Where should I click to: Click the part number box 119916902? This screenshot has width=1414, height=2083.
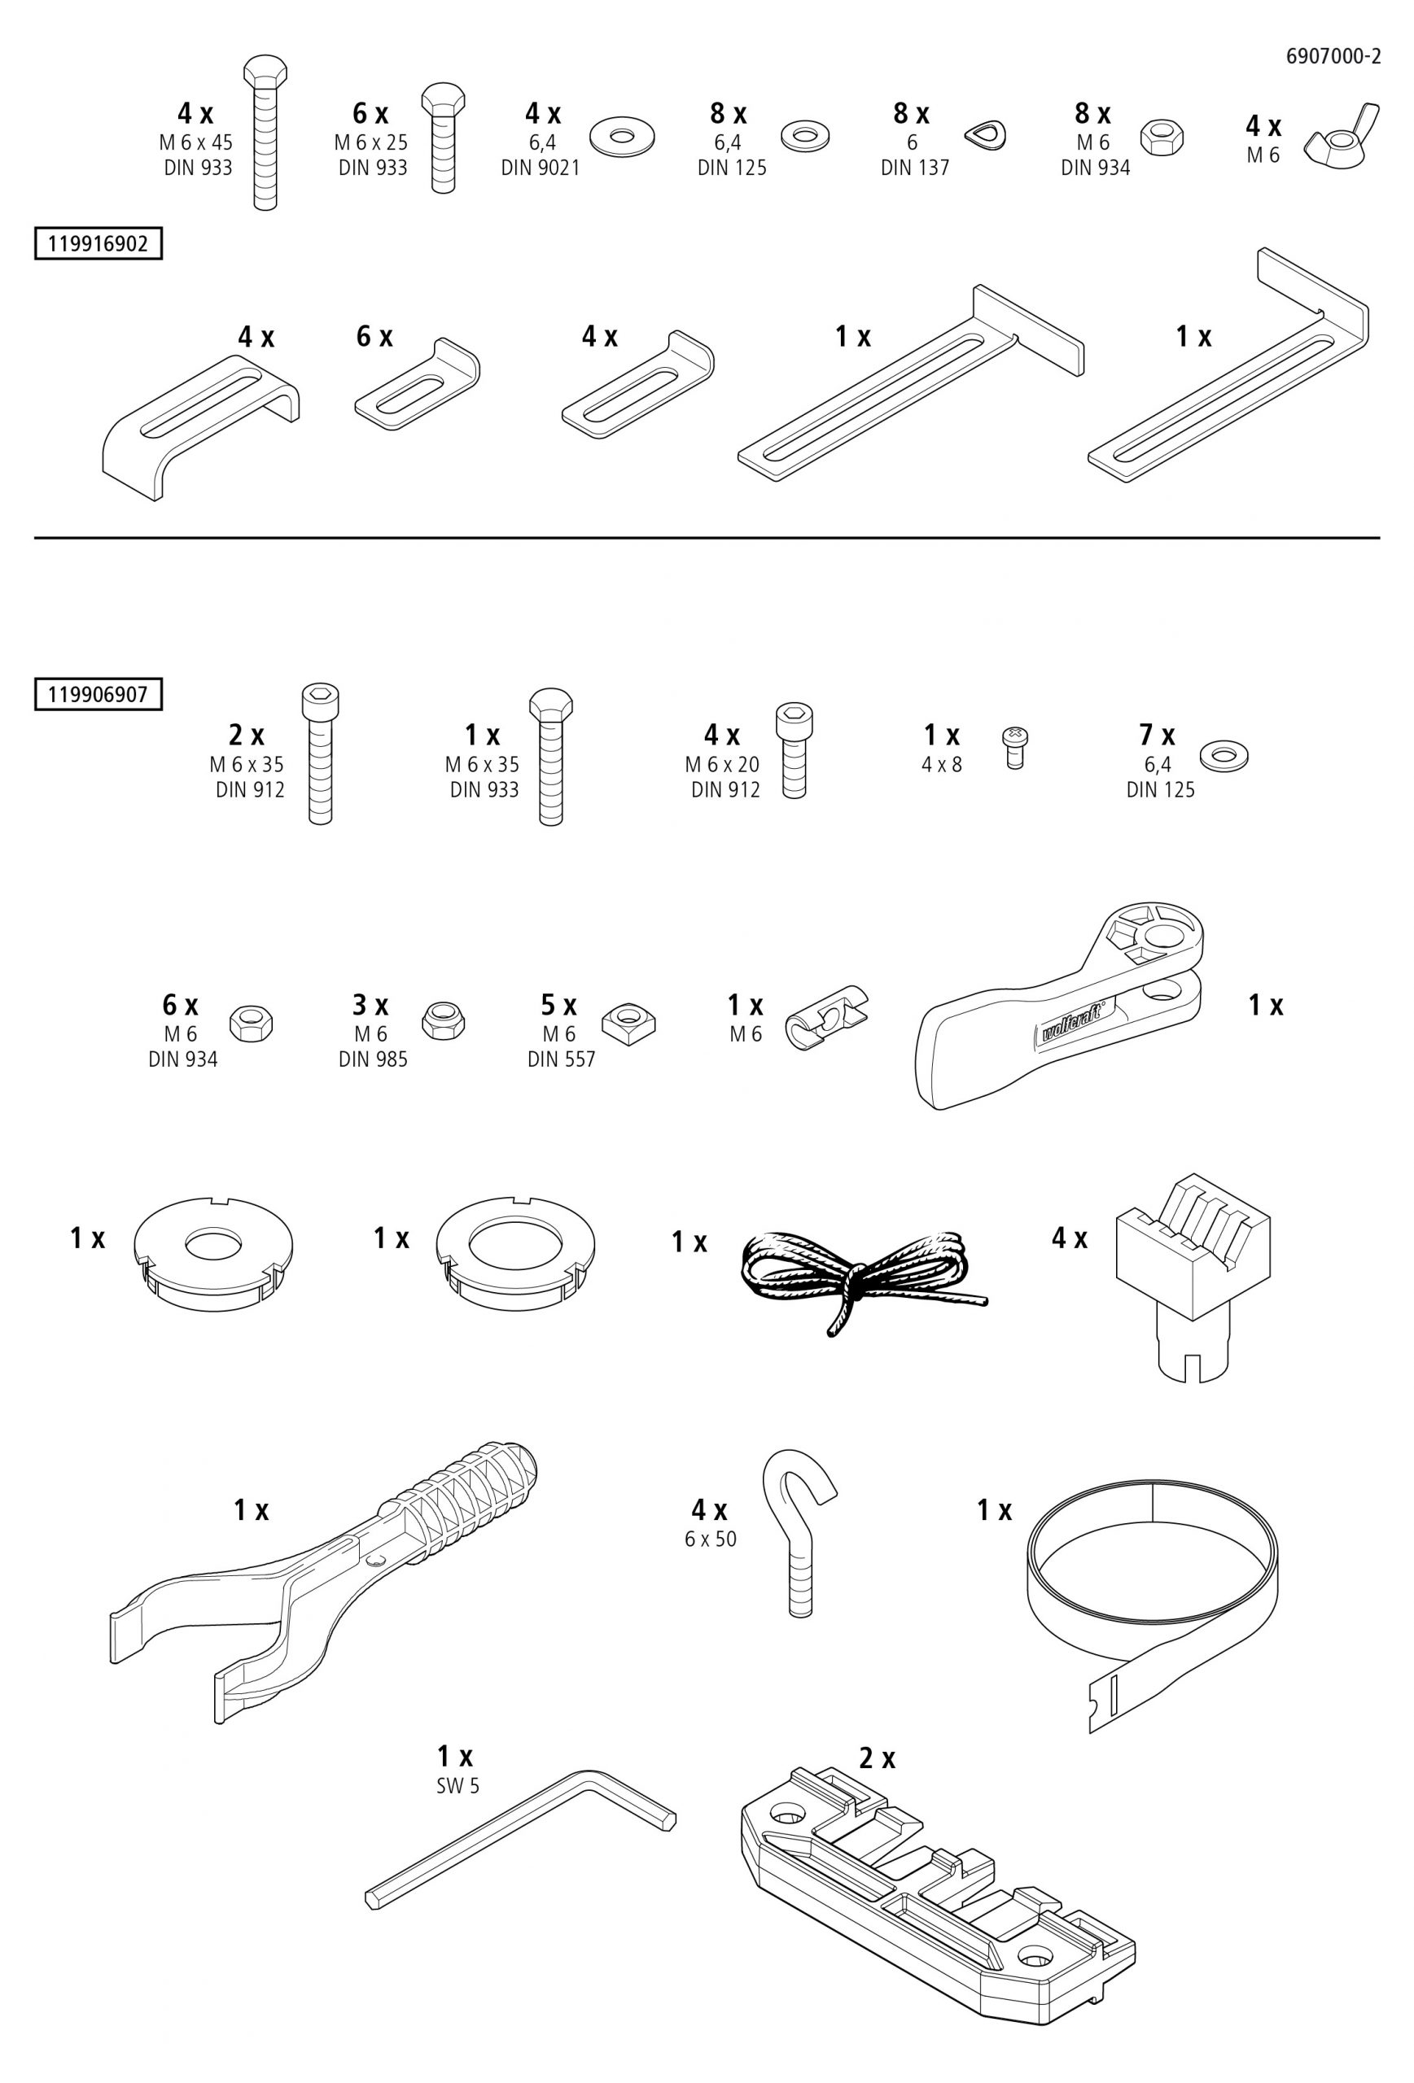(x=98, y=244)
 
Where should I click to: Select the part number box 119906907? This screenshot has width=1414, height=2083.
(x=98, y=695)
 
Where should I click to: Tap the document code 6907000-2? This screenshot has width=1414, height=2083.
(x=1333, y=56)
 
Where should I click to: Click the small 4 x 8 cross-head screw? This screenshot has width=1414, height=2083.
(x=1014, y=747)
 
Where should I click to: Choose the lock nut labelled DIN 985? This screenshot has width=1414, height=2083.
(x=443, y=1020)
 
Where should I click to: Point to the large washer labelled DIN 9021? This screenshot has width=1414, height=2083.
(x=622, y=135)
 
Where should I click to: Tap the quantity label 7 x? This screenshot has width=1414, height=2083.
(x=1157, y=735)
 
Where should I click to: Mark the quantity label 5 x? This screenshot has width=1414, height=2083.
(x=558, y=1005)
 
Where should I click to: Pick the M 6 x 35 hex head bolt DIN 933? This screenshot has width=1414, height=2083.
(x=551, y=757)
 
